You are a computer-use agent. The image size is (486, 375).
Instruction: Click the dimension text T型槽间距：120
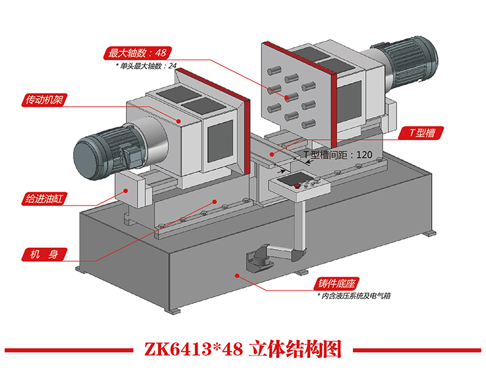(x=337, y=155)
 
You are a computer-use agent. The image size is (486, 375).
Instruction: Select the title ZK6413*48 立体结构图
(x=242, y=349)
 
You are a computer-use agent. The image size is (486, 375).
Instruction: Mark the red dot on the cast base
(x=237, y=276)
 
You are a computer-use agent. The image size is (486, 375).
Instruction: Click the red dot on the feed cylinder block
(x=127, y=190)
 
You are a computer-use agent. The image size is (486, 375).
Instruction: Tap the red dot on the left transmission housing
(x=180, y=119)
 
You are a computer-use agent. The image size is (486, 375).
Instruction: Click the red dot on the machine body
(x=215, y=200)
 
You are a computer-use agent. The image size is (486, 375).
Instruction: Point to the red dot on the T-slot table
(x=272, y=154)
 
